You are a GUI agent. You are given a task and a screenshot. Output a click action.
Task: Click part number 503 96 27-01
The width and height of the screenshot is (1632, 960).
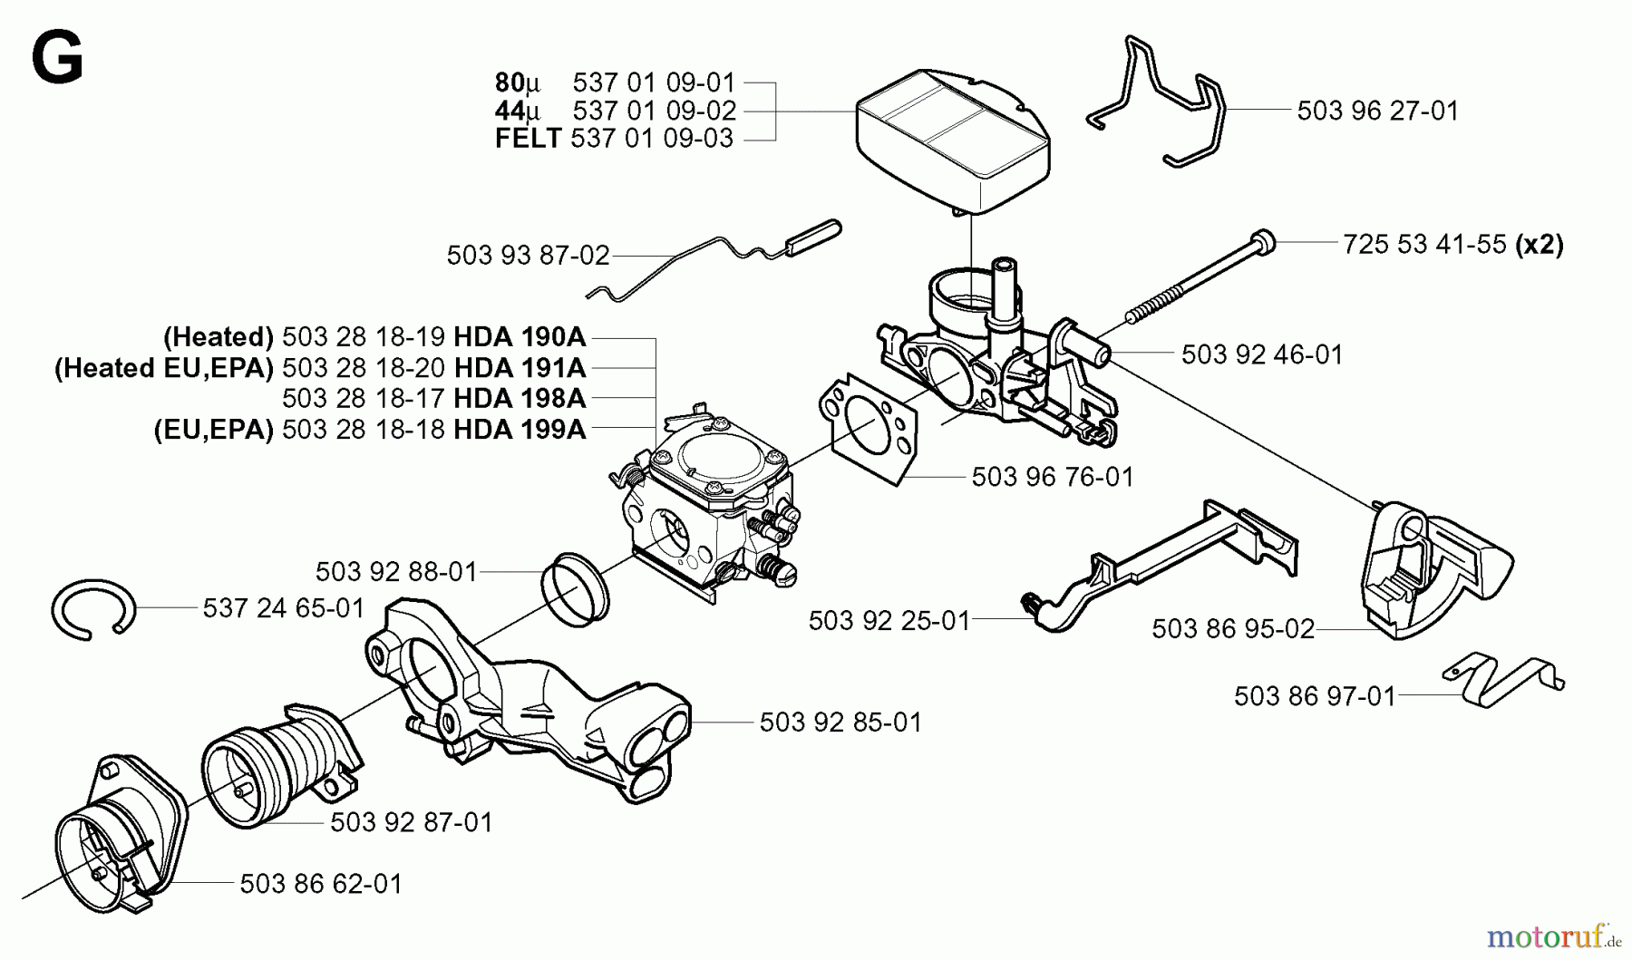tap(1377, 111)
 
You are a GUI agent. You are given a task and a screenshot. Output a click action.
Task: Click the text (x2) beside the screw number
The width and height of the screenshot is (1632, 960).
tap(1540, 244)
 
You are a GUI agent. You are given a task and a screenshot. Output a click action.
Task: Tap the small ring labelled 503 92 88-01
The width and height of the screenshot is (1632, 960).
tap(575, 588)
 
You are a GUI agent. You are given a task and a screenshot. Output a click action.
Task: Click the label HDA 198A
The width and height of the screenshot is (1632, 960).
tap(520, 398)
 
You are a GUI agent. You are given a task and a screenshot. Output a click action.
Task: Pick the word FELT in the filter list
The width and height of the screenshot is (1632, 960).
tap(528, 139)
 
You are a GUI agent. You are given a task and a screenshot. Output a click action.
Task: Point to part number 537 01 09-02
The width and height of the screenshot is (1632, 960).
tap(654, 111)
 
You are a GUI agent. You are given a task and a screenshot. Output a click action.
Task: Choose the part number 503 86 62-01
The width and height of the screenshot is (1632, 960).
tap(321, 884)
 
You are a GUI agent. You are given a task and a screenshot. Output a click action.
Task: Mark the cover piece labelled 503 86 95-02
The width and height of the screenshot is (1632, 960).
tap(1433, 571)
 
